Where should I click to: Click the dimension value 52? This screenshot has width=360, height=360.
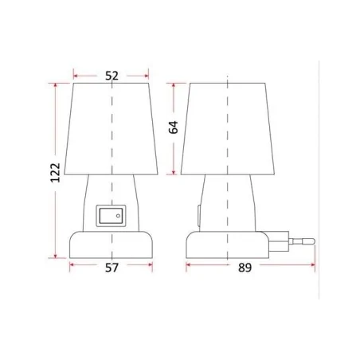click(111, 76)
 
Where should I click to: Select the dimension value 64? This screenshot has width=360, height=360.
click(173, 127)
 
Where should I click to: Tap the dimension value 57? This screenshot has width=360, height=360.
click(112, 268)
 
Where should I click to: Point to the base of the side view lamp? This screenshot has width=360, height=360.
click(229, 244)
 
